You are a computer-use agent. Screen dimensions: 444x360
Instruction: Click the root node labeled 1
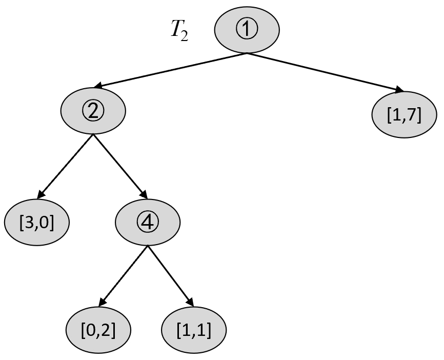click(247, 30)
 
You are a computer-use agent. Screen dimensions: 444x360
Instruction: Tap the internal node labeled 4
click(148, 223)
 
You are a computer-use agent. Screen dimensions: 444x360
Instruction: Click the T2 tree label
click(179, 31)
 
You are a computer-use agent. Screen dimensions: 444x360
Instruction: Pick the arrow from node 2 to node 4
click(120, 167)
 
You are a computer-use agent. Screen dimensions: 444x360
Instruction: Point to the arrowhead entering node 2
click(98, 85)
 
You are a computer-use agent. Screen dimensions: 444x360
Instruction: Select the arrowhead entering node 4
click(144, 195)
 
